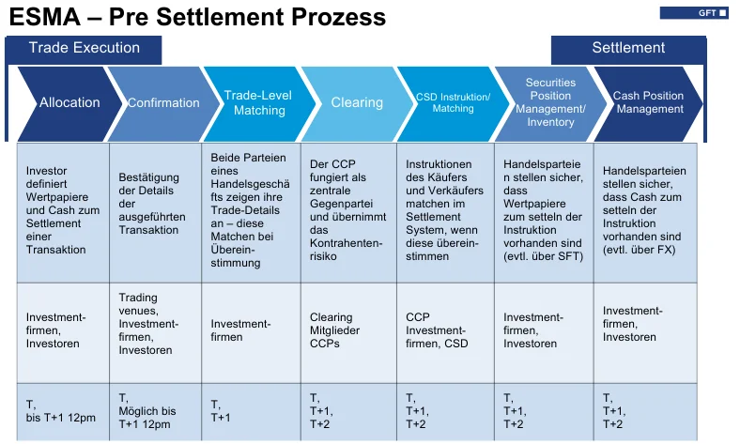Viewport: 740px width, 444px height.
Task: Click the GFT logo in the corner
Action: click(694, 13)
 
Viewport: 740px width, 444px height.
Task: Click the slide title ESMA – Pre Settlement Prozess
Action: click(197, 17)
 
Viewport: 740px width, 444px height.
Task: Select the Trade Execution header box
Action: click(84, 49)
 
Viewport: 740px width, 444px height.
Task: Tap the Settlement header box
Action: click(628, 49)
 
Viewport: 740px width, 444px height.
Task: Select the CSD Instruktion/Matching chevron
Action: click(453, 102)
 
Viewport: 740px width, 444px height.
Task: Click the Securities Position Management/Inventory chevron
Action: click(550, 102)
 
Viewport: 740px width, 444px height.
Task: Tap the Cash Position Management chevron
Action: click(649, 102)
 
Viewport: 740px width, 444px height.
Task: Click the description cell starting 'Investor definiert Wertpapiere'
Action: click(63, 211)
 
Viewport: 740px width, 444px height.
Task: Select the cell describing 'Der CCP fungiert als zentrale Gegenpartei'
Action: click(348, 211)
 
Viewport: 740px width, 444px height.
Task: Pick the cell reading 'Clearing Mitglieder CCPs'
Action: click(348, 330)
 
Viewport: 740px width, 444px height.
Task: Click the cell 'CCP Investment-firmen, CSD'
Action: click(445, 330)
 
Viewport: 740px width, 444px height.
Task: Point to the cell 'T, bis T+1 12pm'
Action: click(63, 410)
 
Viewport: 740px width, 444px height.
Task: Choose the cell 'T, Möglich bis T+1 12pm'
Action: click(156, 410)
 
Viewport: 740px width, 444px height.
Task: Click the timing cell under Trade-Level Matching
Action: click(251, 410)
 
